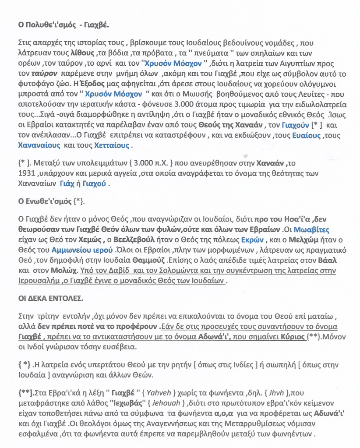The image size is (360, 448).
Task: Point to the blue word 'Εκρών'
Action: tap(251, 239)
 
